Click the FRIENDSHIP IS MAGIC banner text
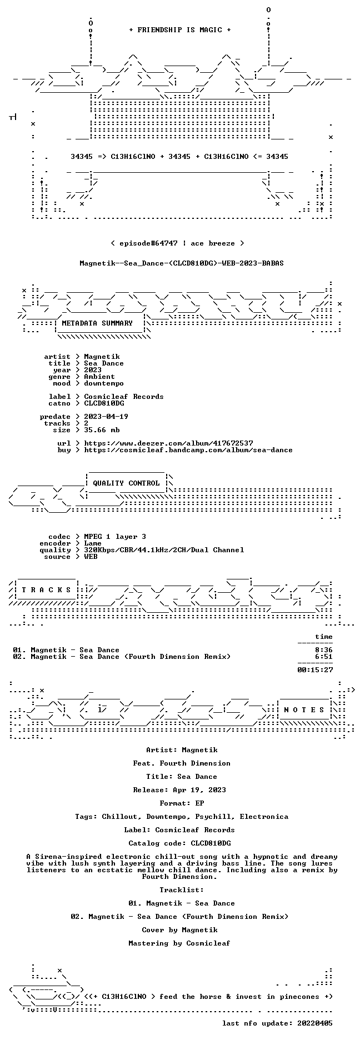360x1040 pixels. pos(179,30)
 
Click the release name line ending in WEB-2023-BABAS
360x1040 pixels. pos(182,263)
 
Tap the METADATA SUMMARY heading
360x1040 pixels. pos(97,323)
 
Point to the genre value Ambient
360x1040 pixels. pos(99,377)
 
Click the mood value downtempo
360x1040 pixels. pos(104,383)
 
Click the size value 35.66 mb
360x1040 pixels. pos(102,430)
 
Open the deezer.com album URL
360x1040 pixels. pos(168,443)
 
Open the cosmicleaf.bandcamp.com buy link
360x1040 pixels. pos(188,450)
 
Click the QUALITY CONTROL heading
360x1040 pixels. pos(126,483)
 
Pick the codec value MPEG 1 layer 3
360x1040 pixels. pos(115,537)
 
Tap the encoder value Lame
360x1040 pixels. pos(93,543)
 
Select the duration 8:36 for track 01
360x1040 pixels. pos(324,650)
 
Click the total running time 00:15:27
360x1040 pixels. pos(315,670)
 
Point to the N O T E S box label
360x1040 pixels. pos(304,710)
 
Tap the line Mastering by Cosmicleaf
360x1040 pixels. pos(179,943)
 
